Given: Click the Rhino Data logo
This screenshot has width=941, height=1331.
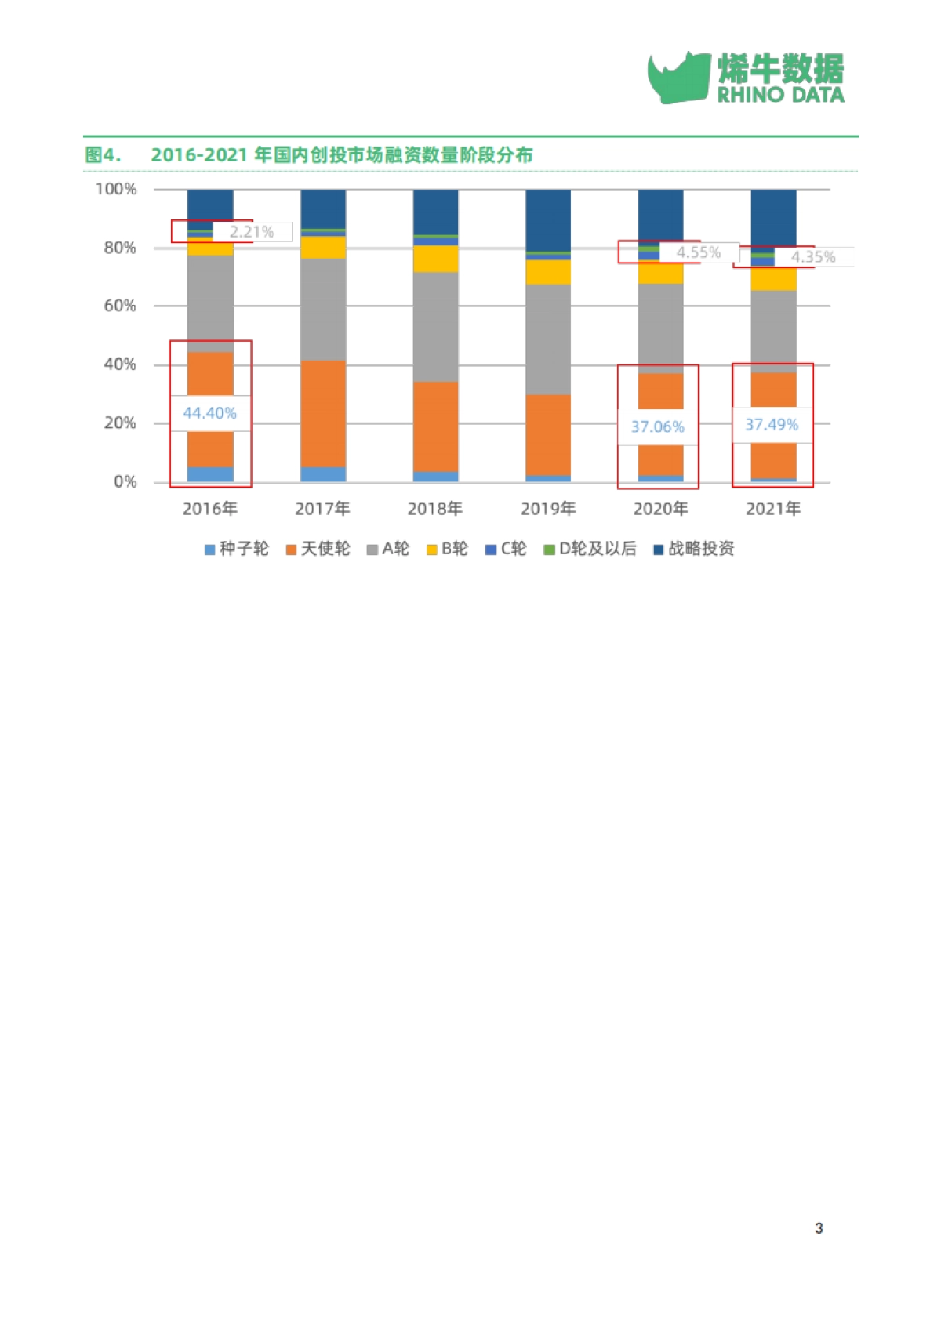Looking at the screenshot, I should pyautogui.click(x=746, y=77).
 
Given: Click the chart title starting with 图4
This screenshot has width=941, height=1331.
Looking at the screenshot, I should pyautogui.click(x=309, y=155).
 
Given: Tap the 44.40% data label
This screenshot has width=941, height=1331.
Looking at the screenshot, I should pyautogui.click(x=209, y=413).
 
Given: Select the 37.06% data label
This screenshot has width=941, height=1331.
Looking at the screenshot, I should pyautogui.click(x=657, y=427).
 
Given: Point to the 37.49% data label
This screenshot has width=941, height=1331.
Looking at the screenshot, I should pyautogui.click(x=772, y=425).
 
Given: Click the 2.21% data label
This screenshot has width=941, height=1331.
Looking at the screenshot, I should pyautogui.click(x=251, y=232).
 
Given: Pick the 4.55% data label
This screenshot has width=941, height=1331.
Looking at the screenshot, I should pyautogui.click(x=698, y=252).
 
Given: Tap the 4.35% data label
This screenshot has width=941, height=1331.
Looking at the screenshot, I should pyautogui.click(x=812, y=257).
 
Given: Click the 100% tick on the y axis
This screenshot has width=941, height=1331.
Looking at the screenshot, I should pyautogui.click(x=116, y=189).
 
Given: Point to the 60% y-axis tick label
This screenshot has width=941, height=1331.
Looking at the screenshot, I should pyautogui.click(x=120, y=306).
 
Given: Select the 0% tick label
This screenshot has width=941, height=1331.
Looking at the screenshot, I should pyautogui.click(x=125, y=482).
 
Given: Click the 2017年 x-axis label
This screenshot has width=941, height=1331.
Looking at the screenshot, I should pyautogui.click(x=322, y=509).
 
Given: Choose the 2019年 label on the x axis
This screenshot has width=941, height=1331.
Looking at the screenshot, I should pyautogui.click(x=548, y=509).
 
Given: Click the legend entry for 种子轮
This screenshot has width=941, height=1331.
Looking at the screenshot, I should pyautogui.click(x=237, y=549).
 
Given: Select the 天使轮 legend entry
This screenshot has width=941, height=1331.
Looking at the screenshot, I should pyautogui.click(x=318, y=549).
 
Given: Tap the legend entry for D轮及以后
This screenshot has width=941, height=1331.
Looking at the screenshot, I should pyautogui.click(x=590, y=549).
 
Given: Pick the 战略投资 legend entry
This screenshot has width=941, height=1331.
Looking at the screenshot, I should pyautogui.click(x=694, y=549).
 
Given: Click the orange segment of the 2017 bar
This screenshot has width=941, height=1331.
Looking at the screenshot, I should pyautogui.click(x=323, y=413).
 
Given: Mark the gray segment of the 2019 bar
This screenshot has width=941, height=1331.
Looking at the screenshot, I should pyautogui.click(x=548, y=339).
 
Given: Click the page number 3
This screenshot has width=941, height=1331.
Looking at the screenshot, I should pyautogui.click(x=819, y=1228).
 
